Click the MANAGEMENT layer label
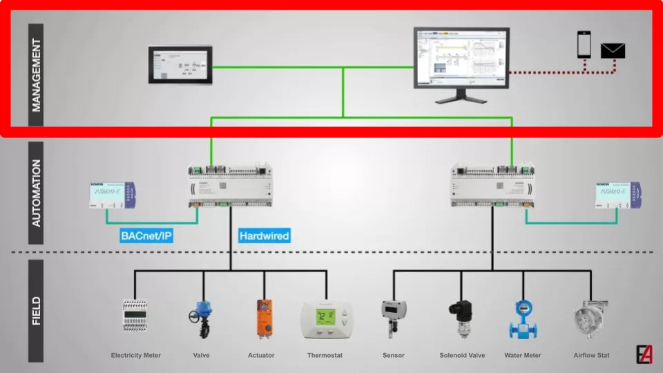(36, 75)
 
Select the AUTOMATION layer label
(36, 193)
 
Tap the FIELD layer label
(36, 311)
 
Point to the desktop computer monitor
(461, 59)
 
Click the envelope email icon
(613, 50)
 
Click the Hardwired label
(264, 236)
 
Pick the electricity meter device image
(136, 318)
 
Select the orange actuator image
(264, 318)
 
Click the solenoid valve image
(459, 318)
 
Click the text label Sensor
(393, 356)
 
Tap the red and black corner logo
(644, 353)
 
